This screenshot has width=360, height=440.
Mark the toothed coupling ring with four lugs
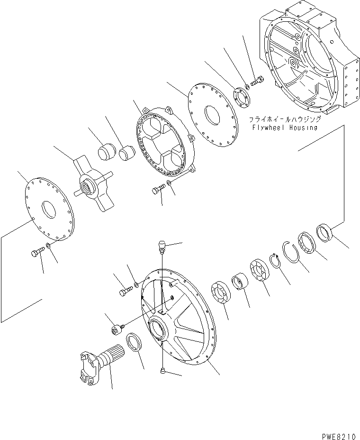(164, 142)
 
